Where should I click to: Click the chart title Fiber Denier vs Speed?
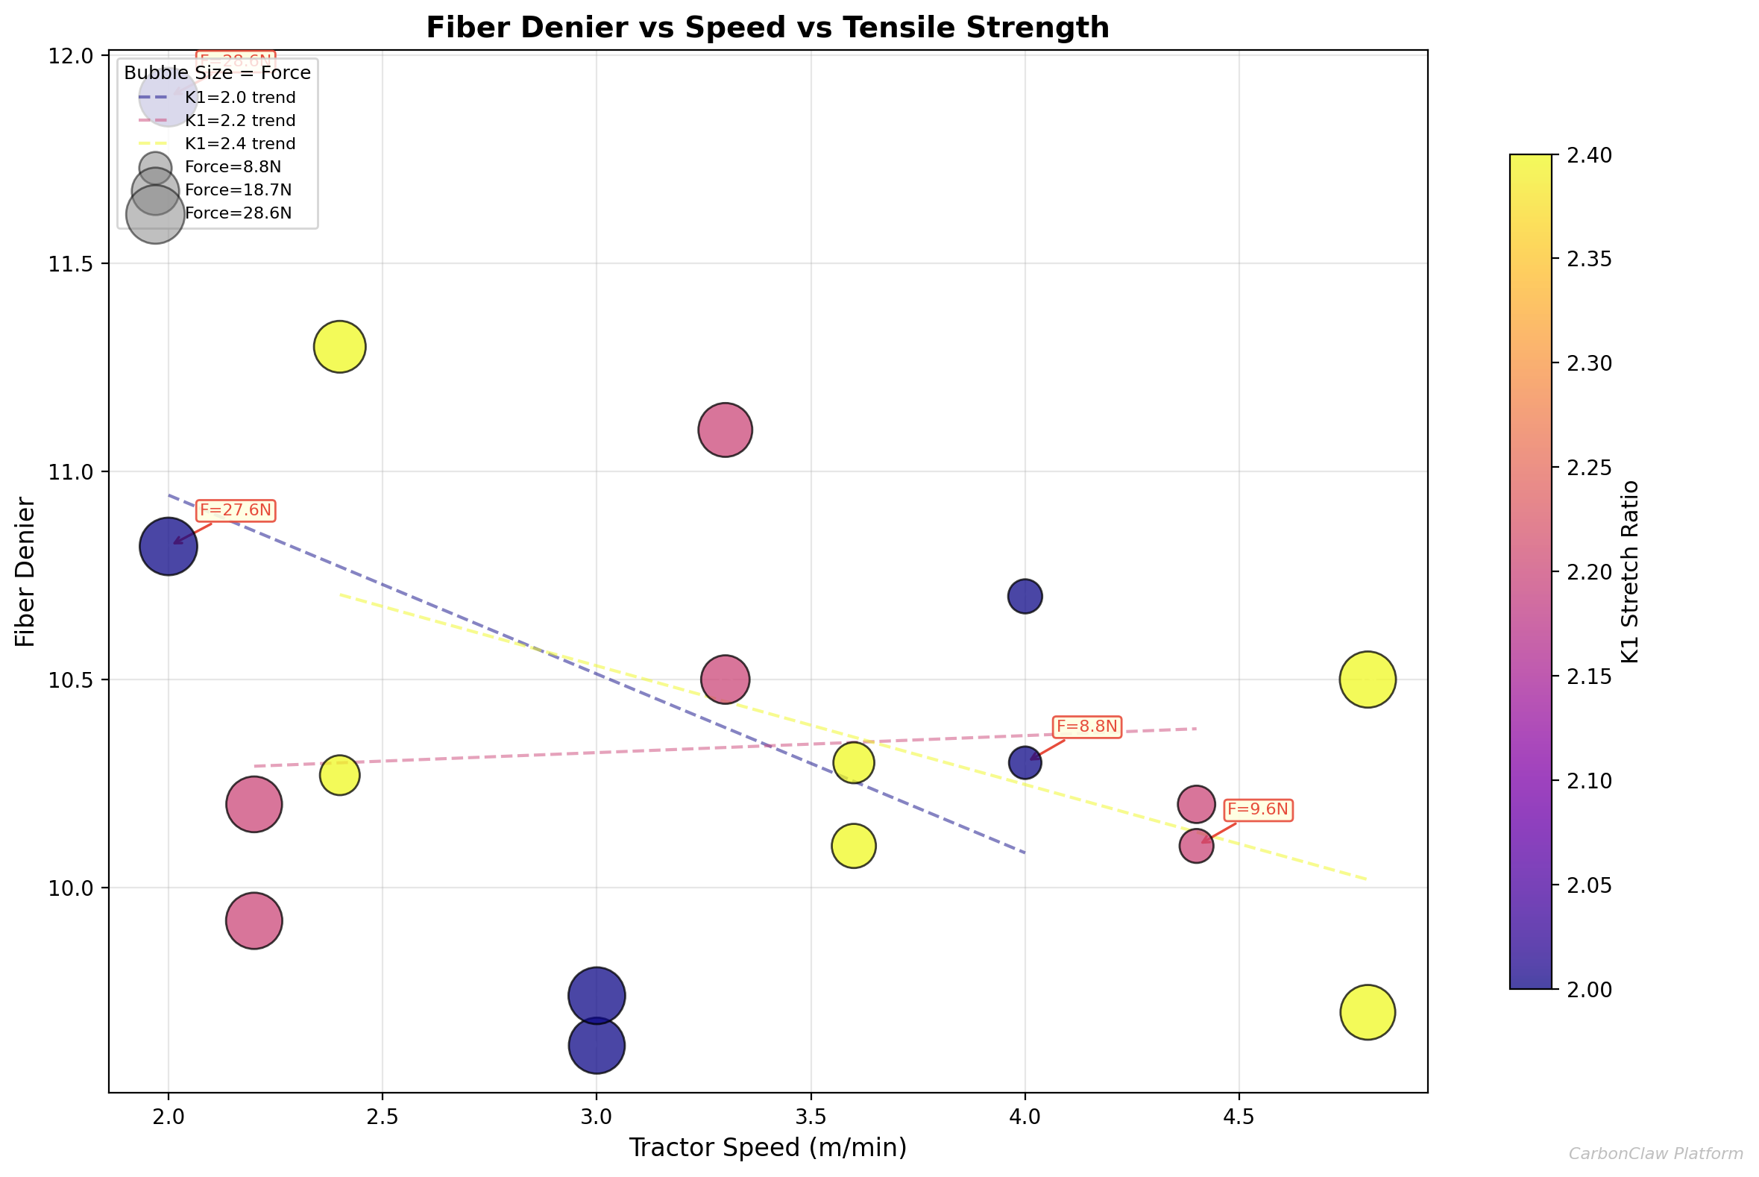coord(767,28)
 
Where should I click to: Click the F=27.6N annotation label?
coord(235,510)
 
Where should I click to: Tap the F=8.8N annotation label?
coord(1086,726)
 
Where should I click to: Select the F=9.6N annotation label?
coord(1257,810)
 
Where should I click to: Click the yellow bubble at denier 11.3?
coord(339,347)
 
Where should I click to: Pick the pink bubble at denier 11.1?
coord(725,430)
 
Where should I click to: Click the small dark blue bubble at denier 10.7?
coord(1025,597)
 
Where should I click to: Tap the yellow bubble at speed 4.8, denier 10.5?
coord(1368,679)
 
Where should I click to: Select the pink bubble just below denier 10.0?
coord(254,921)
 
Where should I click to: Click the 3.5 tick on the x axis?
coord(811,1117)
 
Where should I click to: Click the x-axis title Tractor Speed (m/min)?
coord(767,1149)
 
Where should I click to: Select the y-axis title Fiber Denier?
coord(25,571)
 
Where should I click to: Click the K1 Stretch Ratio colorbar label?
coord(1629,571)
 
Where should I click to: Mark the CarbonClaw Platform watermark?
coord(1655,1154)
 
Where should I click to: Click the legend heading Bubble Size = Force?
coord(217,73)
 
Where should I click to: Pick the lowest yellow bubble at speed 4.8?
coord(1368,1013)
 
